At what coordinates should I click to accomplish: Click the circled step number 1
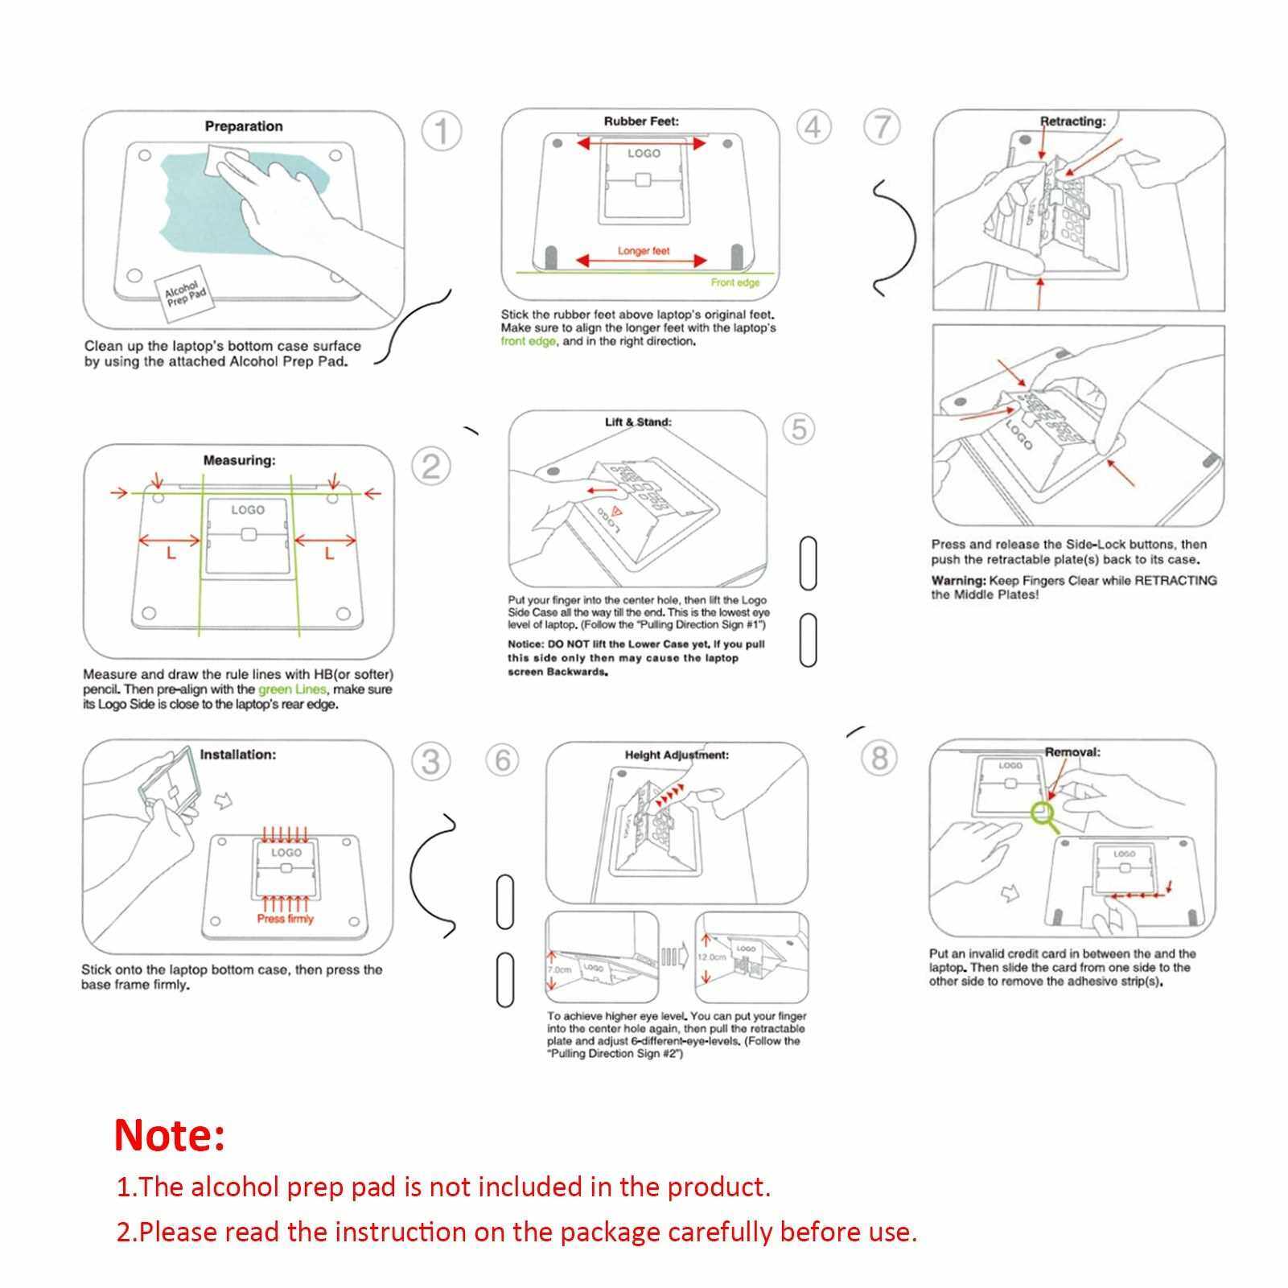coord(441,130)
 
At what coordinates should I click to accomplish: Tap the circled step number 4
coord(813,126)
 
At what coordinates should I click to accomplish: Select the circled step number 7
coord(883,127)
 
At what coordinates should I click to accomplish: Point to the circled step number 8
coord(879,758)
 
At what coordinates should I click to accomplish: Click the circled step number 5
coord(799,428)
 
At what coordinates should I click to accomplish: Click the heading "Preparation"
coord(244,126)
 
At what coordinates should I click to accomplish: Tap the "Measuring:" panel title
coord(239,460)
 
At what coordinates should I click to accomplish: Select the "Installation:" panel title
coord(237,755)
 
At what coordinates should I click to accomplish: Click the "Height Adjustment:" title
coord(677,755)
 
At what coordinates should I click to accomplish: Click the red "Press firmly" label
coord(286,919)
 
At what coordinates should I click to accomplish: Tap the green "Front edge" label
coord(735,282)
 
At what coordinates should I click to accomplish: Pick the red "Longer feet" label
coord(644,251)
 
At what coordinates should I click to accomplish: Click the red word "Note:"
coord(170,1135)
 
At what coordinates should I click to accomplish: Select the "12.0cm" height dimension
coord(712,957)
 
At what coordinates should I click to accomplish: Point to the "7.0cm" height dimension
coord(559,970)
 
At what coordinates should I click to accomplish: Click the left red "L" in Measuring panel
coord(171,554)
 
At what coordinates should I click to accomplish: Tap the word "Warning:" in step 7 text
coord(958,580)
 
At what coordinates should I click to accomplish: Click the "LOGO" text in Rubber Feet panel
coord(644,153)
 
